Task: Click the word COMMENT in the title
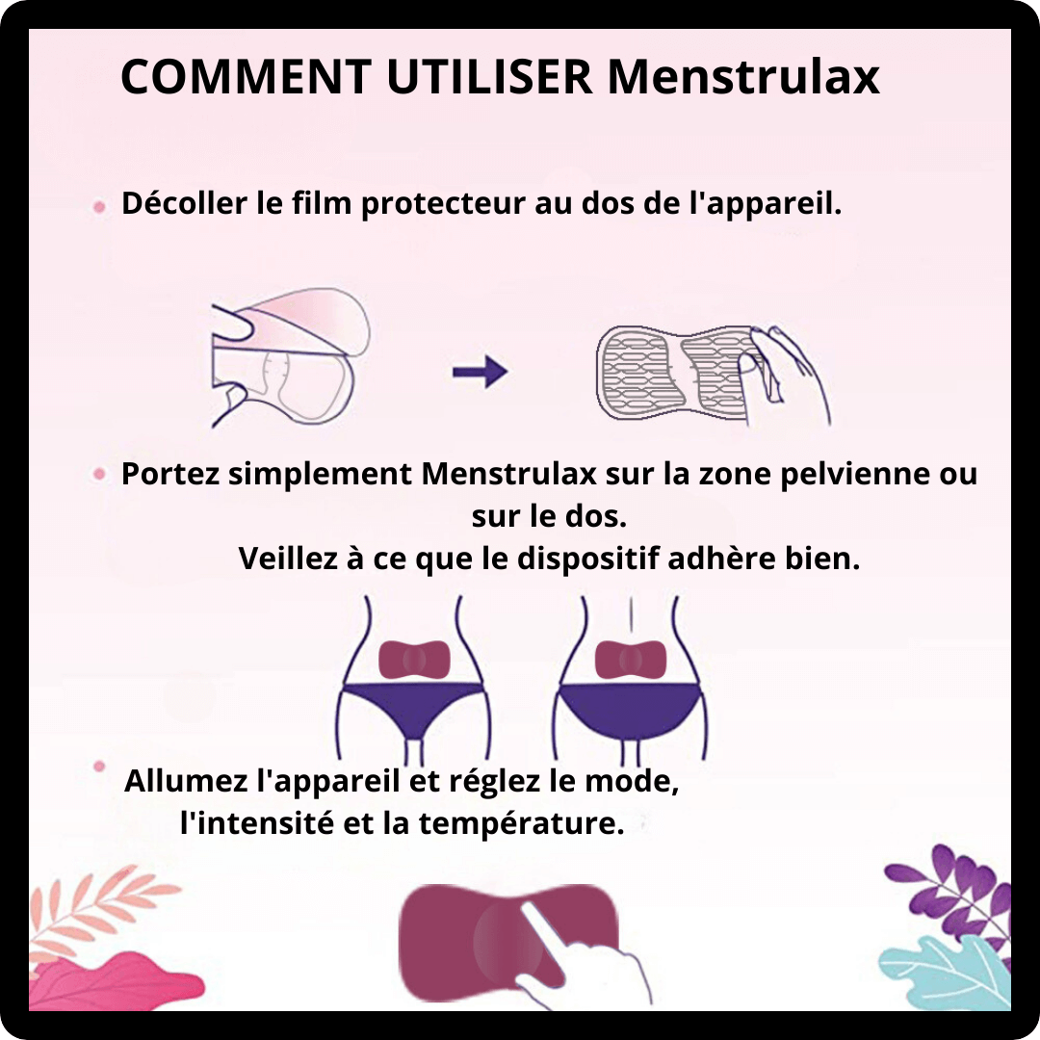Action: pyautogui.click(x=247, y=77)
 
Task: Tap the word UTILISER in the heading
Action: pyautogui.click(x=489, y=77)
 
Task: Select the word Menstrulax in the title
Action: pyautogui.click(x=743, y=77)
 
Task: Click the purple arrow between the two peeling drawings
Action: pyautogui.click(x=481, y=372)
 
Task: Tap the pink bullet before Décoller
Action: pyautogui.click(x=99, y=207)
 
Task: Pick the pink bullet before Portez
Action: pyautogui.click(x=99, y=474)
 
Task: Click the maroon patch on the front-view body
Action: pyautogui.click(x=414, y=660)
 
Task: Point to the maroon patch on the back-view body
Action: pyautogui.click(x=630, y=660)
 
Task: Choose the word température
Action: pyautogui.click(x=521, y=824)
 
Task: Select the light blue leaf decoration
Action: pyautogui.click(x=946, y=972)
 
